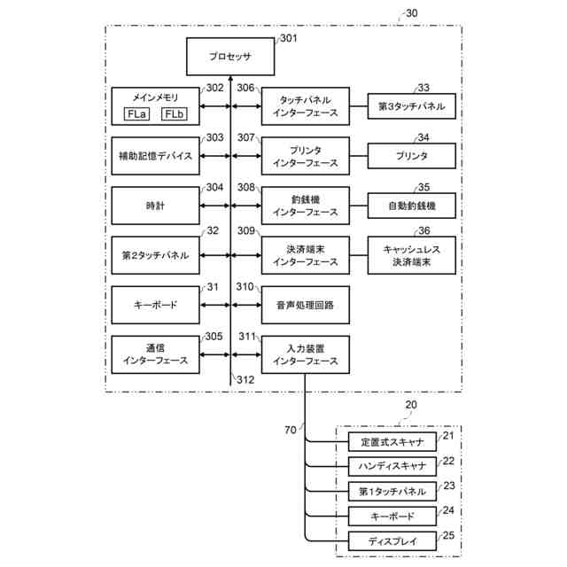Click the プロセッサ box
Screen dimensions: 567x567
pyautogui.click(x=230, y=56)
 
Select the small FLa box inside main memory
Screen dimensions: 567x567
pyautogui.click(x=136, y=115)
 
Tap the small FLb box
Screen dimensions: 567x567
pyautogui.click(x=174, y=115)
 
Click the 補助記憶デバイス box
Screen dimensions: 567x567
pyautogui.click(x=155, y=155)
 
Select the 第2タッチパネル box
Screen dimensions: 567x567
pyautogui.click(x=155, y=254)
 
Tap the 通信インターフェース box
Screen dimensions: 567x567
pyautogui.click(x=155, y=354)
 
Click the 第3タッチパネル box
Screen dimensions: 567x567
pyautogui.click(x=411, y=106)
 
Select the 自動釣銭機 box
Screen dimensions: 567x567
pyautogui.click(x=411, y=206)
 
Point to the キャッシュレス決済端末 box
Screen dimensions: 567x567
pyautogui.click(x=411, y=255)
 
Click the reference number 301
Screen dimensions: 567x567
pyautogui.click(x=290, y=38)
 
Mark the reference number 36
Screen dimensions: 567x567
pyautogui.click(x=424, y=231)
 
